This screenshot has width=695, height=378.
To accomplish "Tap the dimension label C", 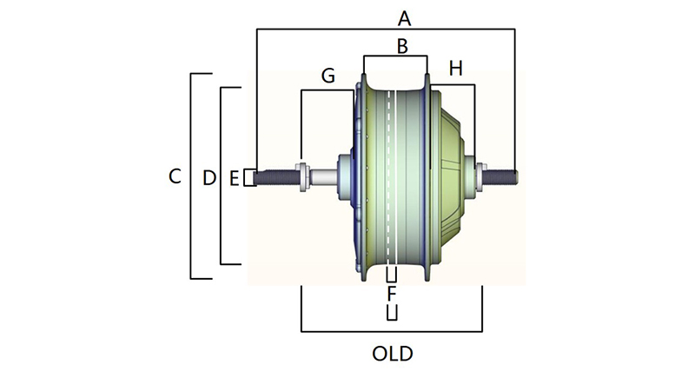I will (x=175, y=176).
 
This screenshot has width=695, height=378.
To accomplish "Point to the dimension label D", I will (x=208, y=178).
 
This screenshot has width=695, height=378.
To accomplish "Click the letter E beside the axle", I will (x=234, y=178).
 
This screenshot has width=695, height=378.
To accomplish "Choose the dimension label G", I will (x=328, y=76).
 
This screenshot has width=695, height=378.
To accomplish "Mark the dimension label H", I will (x=455, y=69).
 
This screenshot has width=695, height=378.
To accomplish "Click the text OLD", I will (x=392, y=355).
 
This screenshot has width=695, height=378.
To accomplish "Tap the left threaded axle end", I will (x=275, y=177).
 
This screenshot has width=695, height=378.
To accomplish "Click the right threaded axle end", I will (x=503, y=177).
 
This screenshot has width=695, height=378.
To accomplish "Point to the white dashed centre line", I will (x=390, y=174).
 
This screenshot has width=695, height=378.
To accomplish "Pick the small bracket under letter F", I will (x=392, y=313).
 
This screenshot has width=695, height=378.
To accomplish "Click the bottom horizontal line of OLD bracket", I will (x=391, y=331).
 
